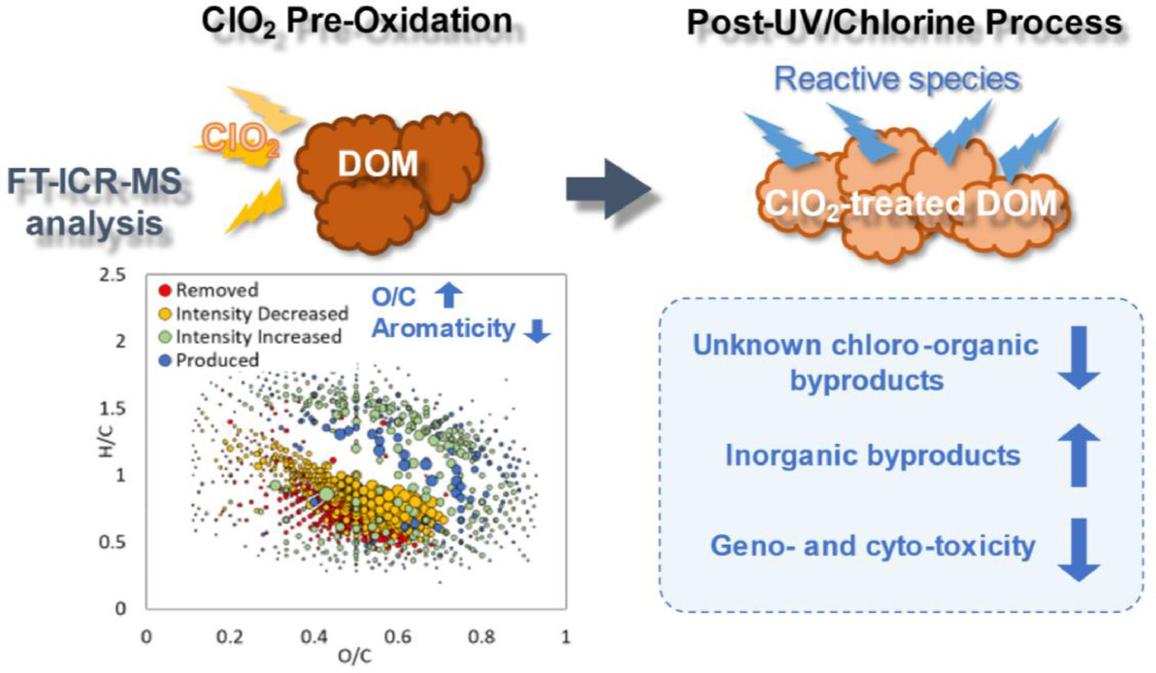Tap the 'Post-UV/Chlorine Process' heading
pos(903,23)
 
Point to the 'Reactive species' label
pos(896,79)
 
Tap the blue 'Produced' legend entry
pos(212,358)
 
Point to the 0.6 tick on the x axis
pos(398,637)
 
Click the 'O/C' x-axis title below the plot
pos(356,657)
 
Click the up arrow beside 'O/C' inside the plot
pos(448,297)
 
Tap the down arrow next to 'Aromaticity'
pos(538,330)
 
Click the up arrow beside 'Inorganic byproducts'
pos(1080,455)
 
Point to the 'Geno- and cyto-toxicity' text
pos(872,546)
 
